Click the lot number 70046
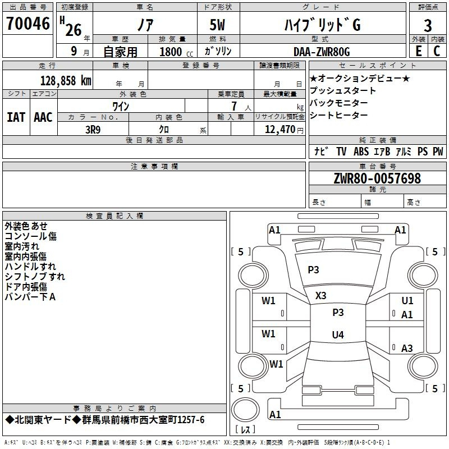[28, 24]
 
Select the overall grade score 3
[428, 26]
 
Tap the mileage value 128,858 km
[66, 81]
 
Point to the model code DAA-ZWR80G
[322, 52]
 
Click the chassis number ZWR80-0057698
[377, 178]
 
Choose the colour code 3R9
[93, 130]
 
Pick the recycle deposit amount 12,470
[280, 130]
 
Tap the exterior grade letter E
[419, 51]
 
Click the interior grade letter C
[437, 51]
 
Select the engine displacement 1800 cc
[176, 52]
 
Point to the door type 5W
[217, 25]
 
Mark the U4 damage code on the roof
[338, 335]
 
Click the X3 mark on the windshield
[320, 296]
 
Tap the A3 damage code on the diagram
[407, 348]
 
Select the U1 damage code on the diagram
[407, 301]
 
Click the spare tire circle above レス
[245, 410]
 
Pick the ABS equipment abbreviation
[361, 152]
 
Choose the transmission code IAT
[16, 117]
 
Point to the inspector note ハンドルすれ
[30, 267]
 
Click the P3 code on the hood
[313, 270]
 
